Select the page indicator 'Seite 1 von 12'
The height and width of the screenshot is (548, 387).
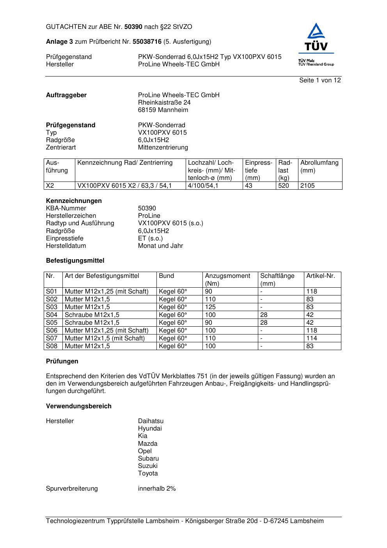click(x=320, y=80)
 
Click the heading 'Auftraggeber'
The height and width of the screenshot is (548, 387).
click(x=66, y=95)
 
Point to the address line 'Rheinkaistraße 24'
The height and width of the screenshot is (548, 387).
click(x=164, y=103)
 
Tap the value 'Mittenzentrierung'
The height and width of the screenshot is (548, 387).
click(x=163, y=148)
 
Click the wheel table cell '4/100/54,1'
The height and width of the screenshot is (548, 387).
click(x=203, y=186)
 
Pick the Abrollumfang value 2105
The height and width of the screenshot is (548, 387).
click(x=307, y=186)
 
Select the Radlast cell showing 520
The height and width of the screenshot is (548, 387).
click(x=284, y=186)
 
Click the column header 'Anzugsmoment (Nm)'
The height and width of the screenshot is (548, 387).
click(x=227, y=279)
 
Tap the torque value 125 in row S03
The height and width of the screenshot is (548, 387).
click(x=210, y=307)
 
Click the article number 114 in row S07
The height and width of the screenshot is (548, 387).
click(x=312, y=338)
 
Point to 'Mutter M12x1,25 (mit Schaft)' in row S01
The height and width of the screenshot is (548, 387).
click(x=107, y=292)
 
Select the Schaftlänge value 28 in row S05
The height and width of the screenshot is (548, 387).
click(x=264, y=323)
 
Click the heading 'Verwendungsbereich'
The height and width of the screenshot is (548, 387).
click(x=79, y=406)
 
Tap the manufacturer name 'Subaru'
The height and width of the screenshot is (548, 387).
click(x=148, y=459)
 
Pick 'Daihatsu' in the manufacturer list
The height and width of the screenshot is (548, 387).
click(x=151, y=421)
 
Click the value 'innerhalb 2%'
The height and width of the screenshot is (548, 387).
click(x=157, y=489)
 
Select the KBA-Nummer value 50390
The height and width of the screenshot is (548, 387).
click(x=147, y=208)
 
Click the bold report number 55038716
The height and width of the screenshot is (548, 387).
click(x=147, y=42)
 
